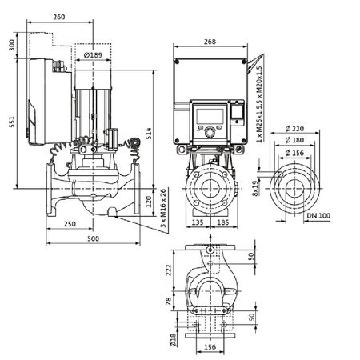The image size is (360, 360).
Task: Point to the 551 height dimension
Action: point(10,120)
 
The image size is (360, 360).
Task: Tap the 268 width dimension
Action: point(210,42)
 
